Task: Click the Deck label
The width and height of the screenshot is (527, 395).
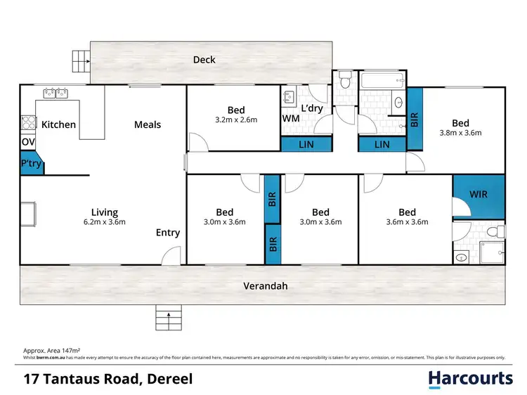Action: (204, 60)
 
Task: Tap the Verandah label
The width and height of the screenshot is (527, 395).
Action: (266, 286)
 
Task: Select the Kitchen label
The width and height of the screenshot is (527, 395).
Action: (58, 124)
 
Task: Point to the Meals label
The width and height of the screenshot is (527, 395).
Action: (148, 124)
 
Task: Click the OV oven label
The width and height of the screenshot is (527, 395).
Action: (27, 143)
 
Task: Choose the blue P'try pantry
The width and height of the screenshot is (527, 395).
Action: (30, 164)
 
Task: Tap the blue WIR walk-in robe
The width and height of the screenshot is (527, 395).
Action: (478, 194)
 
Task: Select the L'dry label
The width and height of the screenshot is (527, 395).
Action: (313, 110)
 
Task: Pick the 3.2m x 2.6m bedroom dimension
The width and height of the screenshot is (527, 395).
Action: (236, 120)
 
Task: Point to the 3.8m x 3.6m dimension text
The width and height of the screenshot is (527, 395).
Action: (461, 131)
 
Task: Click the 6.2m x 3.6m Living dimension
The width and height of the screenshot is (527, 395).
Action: (104, 223)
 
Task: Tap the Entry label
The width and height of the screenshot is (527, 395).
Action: (168, 233)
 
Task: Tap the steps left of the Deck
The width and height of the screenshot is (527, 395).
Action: (80, 60)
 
